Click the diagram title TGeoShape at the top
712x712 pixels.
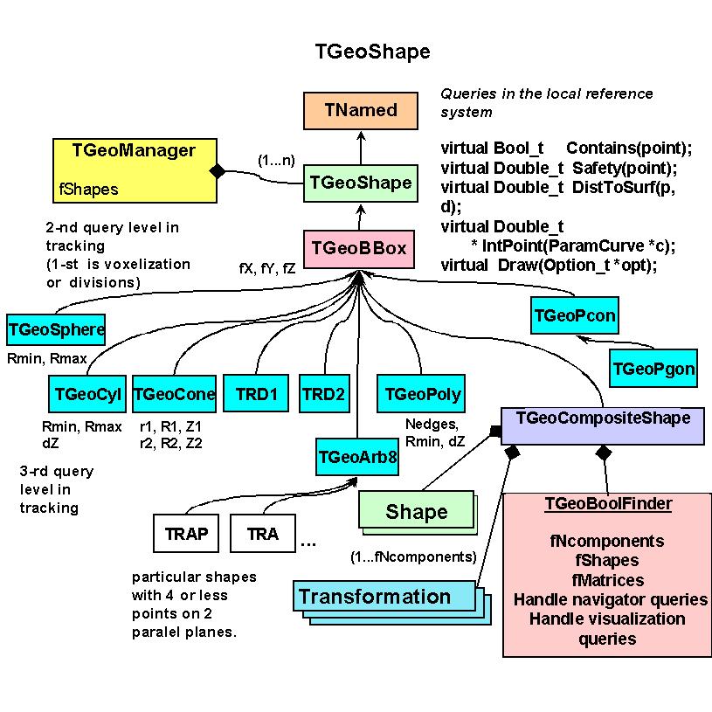372,52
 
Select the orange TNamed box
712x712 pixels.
360,111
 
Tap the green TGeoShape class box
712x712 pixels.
360,183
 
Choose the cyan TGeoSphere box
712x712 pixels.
56,330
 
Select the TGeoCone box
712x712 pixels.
174,394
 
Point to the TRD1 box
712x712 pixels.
256,394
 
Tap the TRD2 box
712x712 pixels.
323,394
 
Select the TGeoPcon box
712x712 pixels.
574,315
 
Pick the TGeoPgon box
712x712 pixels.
653,369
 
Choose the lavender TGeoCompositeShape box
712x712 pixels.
603,418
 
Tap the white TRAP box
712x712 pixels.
186,533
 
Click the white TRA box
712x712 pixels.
263,533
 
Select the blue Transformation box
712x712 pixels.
374,598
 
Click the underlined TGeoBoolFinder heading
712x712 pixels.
608,504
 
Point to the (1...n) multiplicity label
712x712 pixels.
276,162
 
